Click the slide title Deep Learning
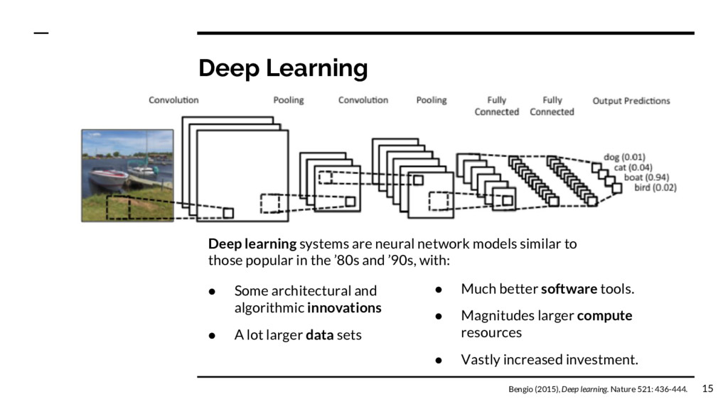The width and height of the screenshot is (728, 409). click(x=283, y=69)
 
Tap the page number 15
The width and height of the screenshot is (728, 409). click(x=707, y=388)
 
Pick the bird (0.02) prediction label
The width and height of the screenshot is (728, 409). click(x=655, y=188)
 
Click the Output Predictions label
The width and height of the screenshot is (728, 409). click(x=631, y=101)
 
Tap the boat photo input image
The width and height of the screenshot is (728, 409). click(x=127, y=175)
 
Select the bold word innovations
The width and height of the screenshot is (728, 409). click(x=344, y=308)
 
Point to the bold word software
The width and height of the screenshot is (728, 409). click(x=569, y=289)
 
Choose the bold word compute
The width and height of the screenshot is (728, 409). click(x=604, y=315)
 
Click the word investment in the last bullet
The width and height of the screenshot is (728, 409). click(x=600, y=360)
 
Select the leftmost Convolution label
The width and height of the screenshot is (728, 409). click(x=173, y=100)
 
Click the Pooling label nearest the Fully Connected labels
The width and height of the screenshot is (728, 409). click(x=432, y=100)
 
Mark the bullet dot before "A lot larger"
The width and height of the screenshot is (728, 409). click(x=212, y=335)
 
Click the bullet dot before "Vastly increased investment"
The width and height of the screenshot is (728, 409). click(x=439, y=360)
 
